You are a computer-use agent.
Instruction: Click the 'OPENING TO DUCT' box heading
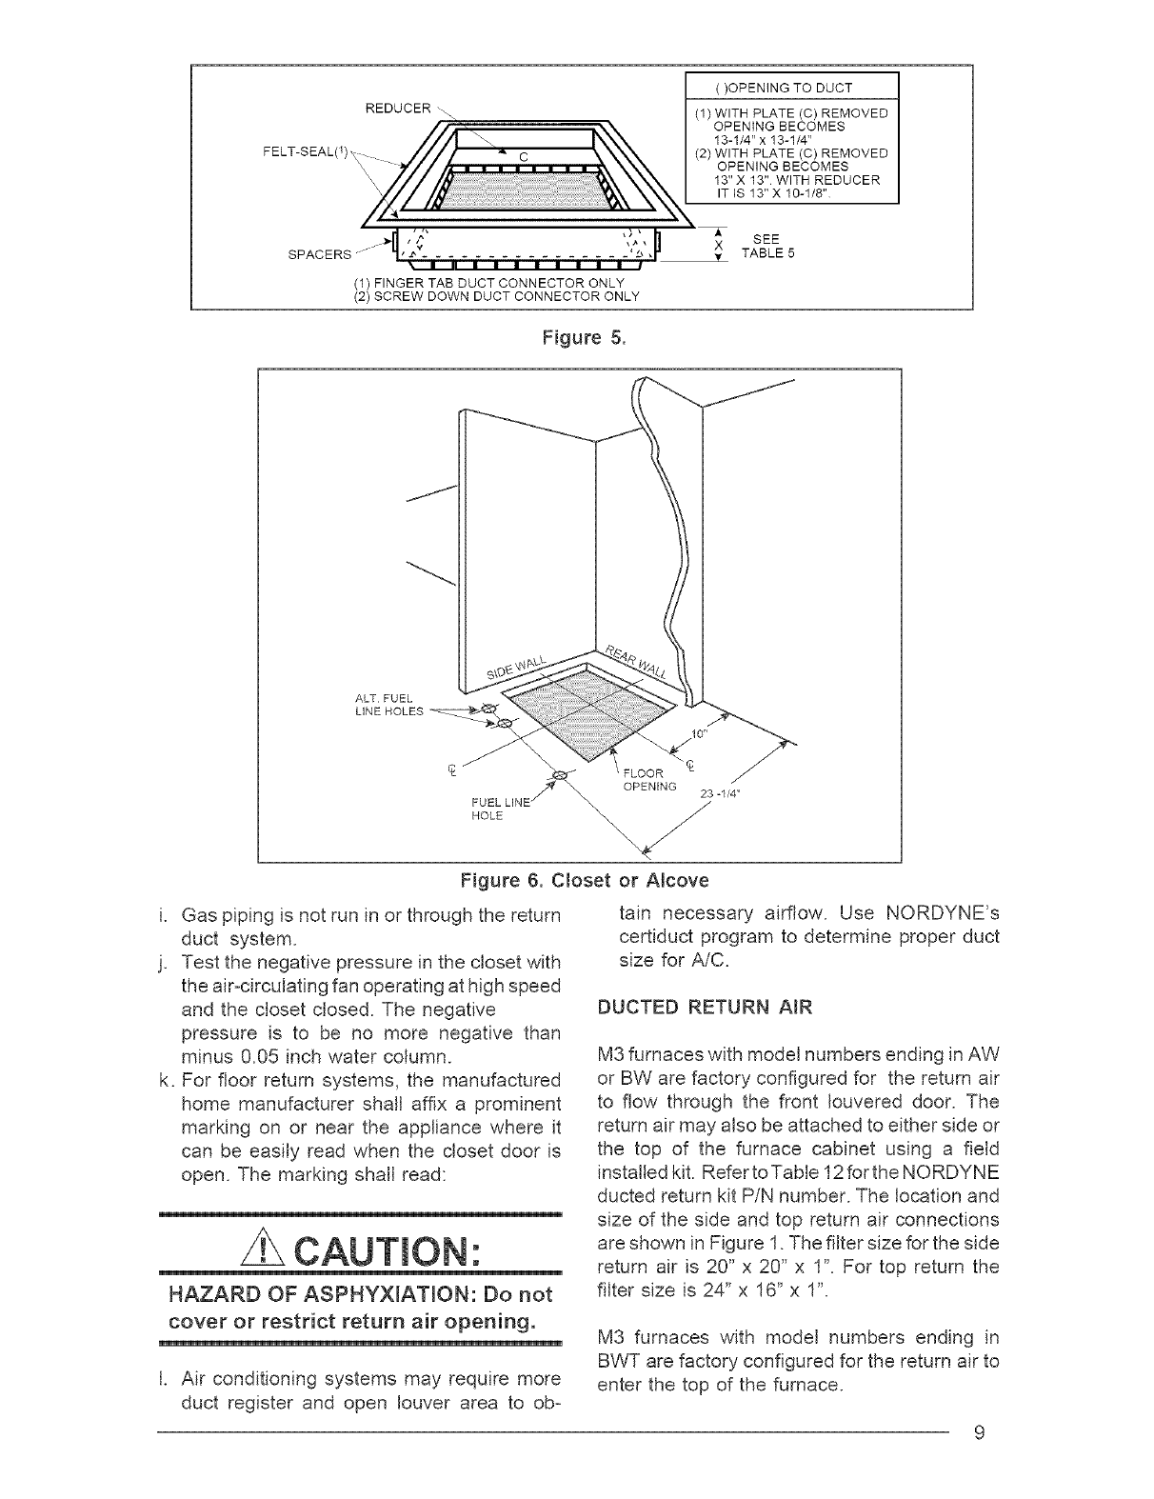tap(791, 88)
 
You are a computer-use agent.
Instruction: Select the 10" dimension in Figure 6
tap(702, 734)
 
